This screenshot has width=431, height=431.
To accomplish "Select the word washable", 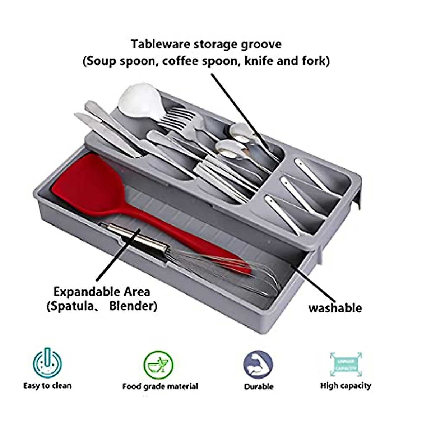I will [x=335, y=308].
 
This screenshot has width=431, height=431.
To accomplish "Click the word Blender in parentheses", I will [x=133, y=306].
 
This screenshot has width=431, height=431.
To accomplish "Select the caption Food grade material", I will [x=160, y=386].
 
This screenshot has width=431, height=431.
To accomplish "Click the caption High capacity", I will [x=346, y=386].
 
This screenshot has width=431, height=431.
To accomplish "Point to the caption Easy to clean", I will [x=47, y=386].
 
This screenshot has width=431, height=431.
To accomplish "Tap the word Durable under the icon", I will [x=259, y=386].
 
